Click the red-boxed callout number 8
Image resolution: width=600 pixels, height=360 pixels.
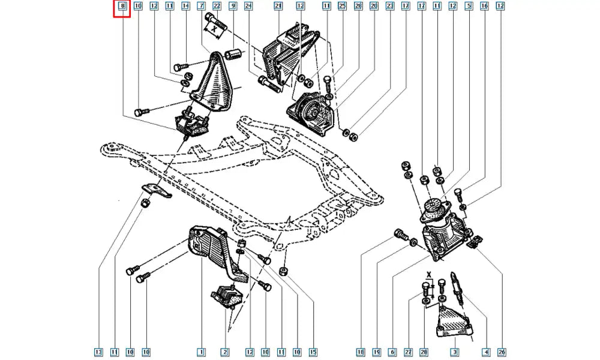pos(122,7)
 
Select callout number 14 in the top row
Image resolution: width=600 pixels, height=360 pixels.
pos(185,7)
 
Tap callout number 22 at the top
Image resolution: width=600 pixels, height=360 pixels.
pos(217,7)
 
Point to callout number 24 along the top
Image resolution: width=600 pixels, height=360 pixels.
pos(248,7)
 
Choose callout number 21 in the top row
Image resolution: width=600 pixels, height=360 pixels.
pos(278,7)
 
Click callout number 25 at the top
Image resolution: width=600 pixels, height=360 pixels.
pos(342,7)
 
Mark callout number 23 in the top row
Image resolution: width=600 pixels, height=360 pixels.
pos(390,7)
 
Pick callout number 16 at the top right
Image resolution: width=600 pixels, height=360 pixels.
pos(484,7)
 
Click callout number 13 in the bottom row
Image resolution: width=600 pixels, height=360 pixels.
pos(98,352)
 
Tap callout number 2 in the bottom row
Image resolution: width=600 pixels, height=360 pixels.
pos(224,352)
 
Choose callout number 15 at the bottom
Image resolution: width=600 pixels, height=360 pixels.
pos(312,352)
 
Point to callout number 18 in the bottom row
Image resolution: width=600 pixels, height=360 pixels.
pos(361,352)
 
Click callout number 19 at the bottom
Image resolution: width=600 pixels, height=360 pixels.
pos(377,352)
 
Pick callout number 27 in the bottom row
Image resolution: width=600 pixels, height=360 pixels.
pos(409,352)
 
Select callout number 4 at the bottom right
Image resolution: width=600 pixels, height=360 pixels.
pos(485,352)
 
